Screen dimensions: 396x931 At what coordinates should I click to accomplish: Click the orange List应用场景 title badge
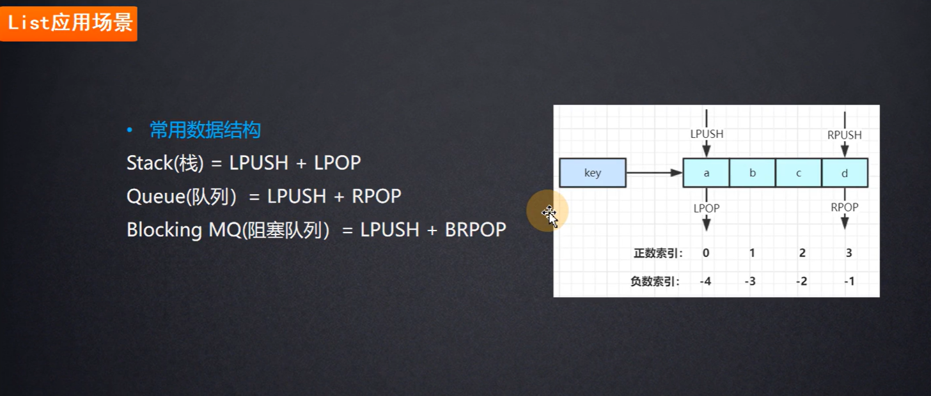click(69, 24)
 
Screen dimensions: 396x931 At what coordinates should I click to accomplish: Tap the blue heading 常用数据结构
click(205, 130)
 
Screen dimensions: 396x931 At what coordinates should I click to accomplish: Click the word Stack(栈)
click(164, 163)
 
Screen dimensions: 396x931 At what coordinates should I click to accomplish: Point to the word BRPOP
click(474, 229)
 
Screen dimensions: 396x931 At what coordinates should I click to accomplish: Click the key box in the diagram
click(593, 173)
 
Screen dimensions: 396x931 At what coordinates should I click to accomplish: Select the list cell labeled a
click(706, 173)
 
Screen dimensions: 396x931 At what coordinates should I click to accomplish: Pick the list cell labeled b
click(752, 173)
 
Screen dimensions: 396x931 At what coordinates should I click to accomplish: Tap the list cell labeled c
click(799, 173)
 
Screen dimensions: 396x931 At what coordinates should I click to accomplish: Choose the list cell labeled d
click(845, 173)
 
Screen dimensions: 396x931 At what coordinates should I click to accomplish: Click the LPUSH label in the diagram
click(707, 135)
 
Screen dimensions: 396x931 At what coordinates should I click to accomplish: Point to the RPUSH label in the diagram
click(845, 135)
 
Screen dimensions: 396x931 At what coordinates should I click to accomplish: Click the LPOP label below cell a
click(707, 208)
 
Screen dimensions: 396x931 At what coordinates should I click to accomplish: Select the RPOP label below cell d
click(845, 207)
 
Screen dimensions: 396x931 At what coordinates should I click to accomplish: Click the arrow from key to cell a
click(654, 172)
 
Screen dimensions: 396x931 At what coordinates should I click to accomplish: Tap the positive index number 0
click(706, 252)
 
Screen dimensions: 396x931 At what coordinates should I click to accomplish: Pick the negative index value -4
click(705, 281)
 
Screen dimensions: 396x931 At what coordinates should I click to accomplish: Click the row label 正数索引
click(658, 253)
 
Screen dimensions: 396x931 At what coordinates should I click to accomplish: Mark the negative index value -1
click(849, 281)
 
